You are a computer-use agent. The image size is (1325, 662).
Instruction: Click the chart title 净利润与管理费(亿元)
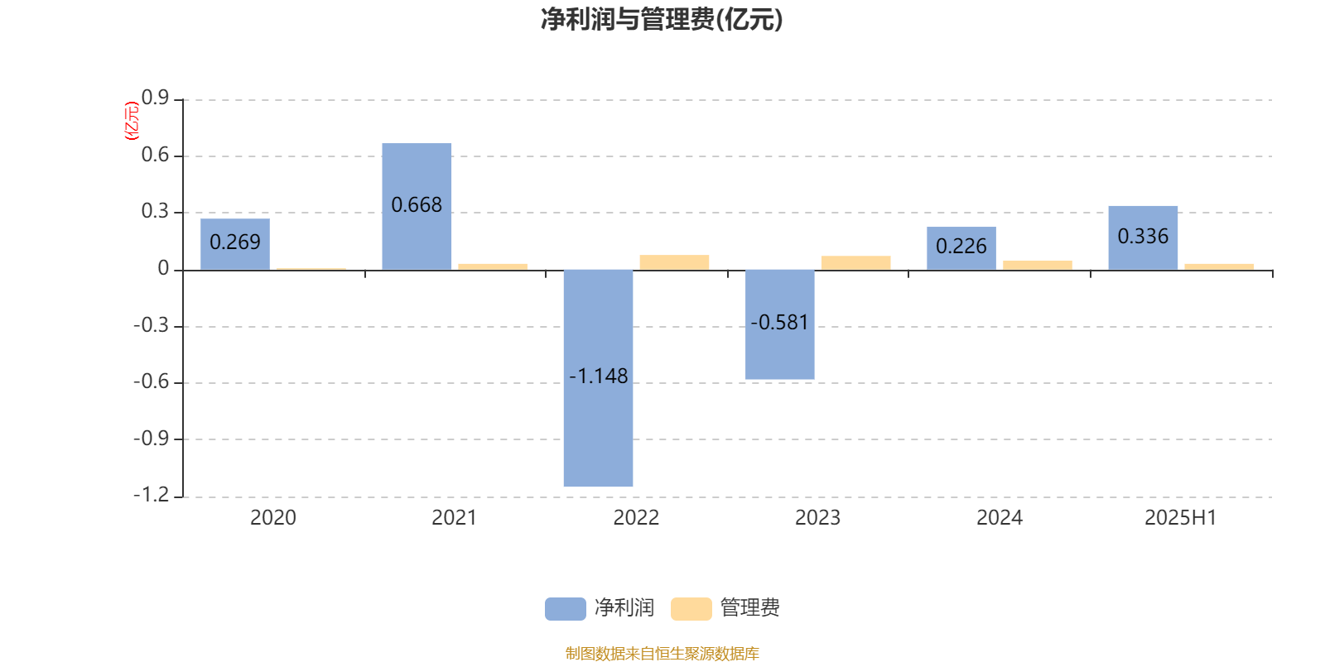click(x=662, y=20)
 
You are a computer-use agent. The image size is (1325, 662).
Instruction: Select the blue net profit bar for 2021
click(x=417, y=206)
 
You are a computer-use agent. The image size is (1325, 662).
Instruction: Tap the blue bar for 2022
click(x=598, y=378)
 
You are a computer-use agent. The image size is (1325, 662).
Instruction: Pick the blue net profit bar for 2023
click(x=779, y=324)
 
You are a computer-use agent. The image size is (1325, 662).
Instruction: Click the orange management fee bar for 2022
click(x=674, y=262)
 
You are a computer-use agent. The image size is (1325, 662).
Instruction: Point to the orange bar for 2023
click(x=856, y=263)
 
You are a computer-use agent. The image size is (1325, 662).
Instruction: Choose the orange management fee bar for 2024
click(x=1038, y=266)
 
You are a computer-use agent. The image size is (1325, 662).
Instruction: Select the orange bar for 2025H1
click(x=1219, y=267)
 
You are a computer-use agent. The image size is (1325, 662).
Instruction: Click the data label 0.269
click(x=235, y=242)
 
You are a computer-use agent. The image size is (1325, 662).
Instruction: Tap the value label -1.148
click(x=598, y=376)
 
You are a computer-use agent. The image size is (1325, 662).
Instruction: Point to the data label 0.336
click(x=1143, y=237)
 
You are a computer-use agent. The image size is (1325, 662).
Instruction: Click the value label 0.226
click(x=961, y=246)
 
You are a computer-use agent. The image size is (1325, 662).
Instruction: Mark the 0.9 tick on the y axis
click(x=155, y=98)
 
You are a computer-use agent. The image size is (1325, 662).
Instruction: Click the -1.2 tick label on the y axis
click(x=152, y=495)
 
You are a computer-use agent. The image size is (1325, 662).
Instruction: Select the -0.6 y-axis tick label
click(x=152, y=381)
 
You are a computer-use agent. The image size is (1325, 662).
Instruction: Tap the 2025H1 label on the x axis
click(x=1181, y=518)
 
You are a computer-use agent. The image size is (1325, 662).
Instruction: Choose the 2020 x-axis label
click(x=272, y=518)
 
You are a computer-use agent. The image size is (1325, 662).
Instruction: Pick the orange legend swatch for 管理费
click(x=691, y=609)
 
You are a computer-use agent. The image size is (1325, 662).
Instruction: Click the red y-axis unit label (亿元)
click(x=132, y=121)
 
